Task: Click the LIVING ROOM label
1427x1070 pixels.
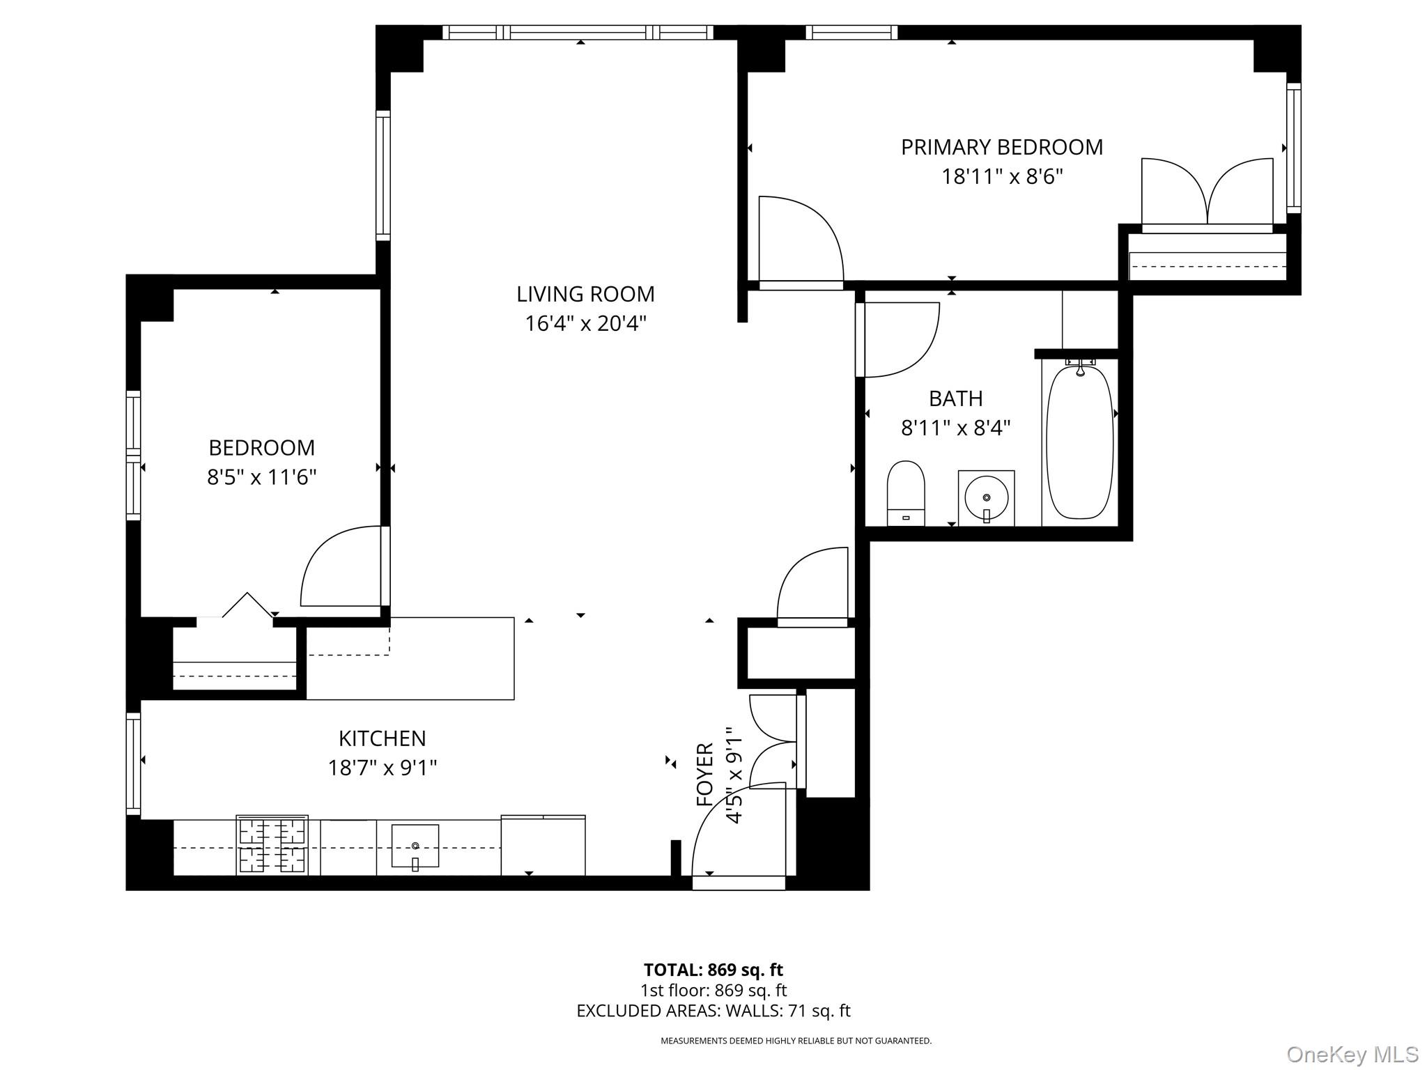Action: click(x=585, y=294)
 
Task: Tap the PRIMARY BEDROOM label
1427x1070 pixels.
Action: click(x=1002, y=147)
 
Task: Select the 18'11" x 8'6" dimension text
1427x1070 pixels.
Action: click(x=1002, y=177)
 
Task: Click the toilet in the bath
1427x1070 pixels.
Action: click(x=906, y=493)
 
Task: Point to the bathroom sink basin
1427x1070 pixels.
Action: click(x=987, y=497)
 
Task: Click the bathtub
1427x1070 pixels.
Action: click(x=1079, y=442)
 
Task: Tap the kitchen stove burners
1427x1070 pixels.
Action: click(x=272, y=846)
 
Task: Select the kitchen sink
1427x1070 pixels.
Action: click(x=415, y=846)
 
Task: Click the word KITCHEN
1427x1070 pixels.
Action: click(x=382, y=738)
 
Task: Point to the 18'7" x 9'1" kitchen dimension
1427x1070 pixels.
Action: click(x=382, y=768)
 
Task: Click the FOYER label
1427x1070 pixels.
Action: click(x=705, y=775)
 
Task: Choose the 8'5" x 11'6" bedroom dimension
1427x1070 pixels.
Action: click(x=261, y=477)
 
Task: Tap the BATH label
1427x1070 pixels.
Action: click(x=955, y=398)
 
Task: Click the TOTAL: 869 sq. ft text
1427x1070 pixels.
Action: click(x=713, y=970)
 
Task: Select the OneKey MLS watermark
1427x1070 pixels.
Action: click(x=1352, y=1054)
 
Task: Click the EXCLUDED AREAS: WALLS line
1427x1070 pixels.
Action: click(x=713, y=1011)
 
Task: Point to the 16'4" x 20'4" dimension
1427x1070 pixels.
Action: click(x=585, y=324)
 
